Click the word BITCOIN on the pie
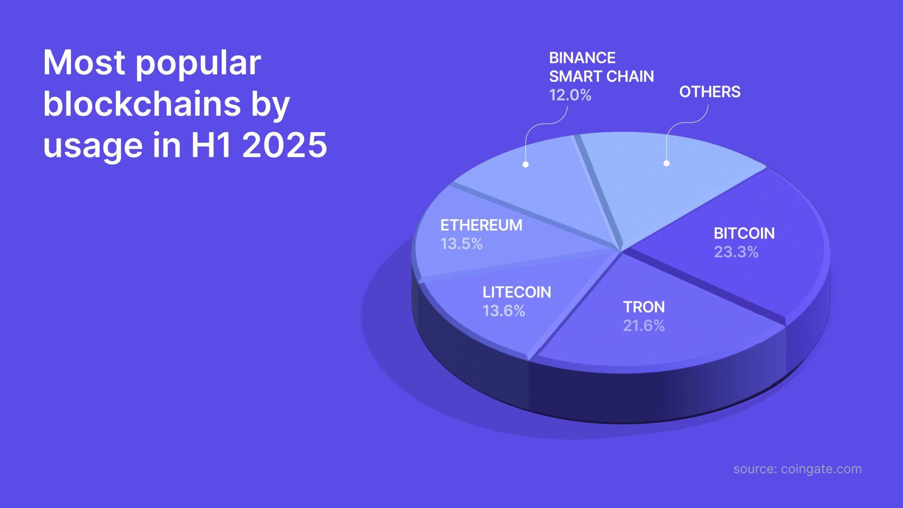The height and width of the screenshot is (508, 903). click(744, 234)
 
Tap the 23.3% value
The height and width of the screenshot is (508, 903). click(736, 252)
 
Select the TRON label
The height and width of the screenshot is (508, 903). click(644, 307)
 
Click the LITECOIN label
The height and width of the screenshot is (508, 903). click(517, 292)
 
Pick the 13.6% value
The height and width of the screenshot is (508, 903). click(504, 311)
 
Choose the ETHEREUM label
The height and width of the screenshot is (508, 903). click(481, 225)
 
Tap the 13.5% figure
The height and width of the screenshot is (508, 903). click(461, 244)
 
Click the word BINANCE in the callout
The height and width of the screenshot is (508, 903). click(582, 58)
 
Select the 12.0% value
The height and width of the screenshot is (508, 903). click(570, 95)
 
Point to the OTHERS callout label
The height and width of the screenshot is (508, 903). click(710, 92)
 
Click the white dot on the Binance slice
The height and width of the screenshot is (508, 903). click(526, 164)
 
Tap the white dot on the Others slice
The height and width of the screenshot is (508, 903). click(666, 163)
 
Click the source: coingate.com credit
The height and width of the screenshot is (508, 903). click(798, 469)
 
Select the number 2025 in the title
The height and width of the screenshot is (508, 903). click(285, 145)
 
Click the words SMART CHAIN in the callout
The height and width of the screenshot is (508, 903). click(601, 77)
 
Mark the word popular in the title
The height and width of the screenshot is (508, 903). click(198, 64)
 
